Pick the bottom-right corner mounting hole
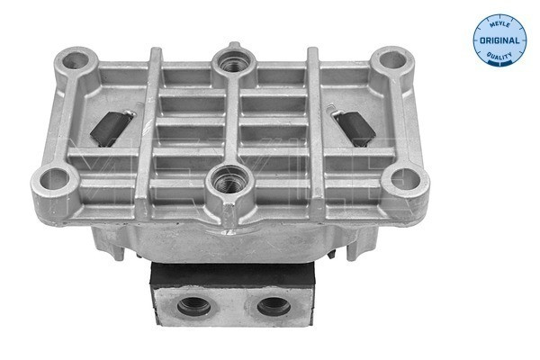pyautogui.click(x=400, y=179)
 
